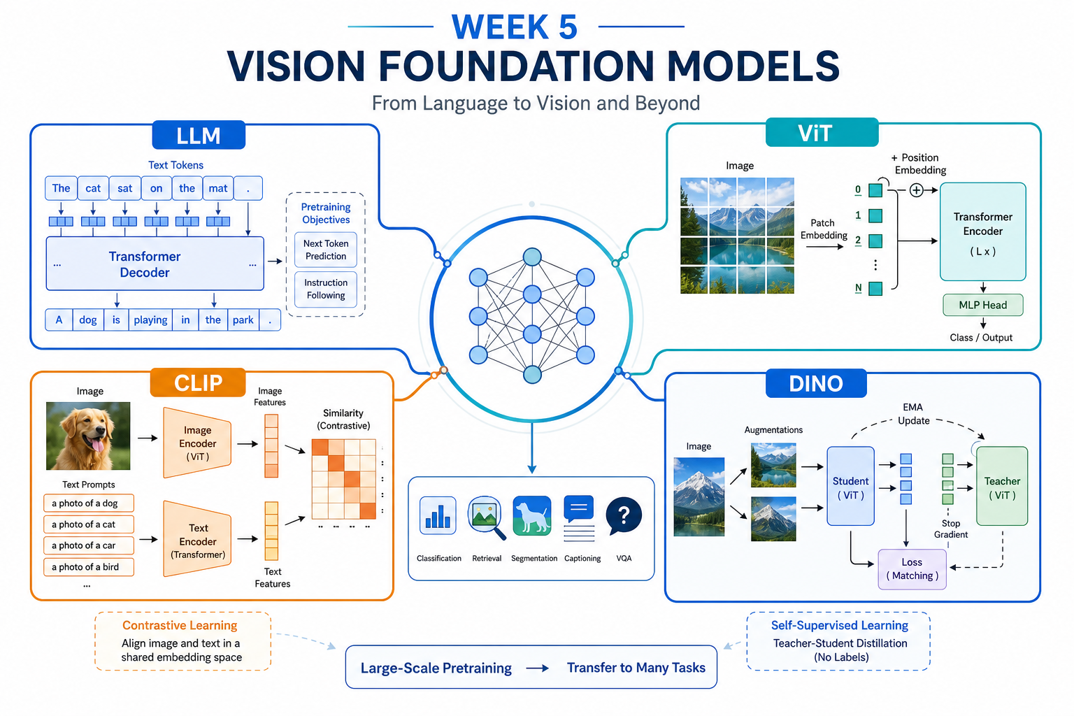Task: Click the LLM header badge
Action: [199, 135]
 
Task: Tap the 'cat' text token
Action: [93, 188]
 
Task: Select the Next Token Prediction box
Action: [326, 250]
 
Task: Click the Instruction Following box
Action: [326, 289]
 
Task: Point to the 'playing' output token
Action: [150, 320]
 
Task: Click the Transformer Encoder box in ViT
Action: [983, 231]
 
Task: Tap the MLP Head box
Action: [983, 305]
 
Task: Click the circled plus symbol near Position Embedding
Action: [916, 190]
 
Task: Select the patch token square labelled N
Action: [875, 289]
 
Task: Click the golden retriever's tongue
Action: [98, 446]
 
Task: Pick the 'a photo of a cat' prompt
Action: [89, 524]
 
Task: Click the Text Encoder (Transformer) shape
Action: [198, 539]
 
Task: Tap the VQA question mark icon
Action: [624, 516]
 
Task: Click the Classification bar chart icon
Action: [438, 515]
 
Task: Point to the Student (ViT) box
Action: [850, 486]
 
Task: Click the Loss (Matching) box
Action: [912, 569]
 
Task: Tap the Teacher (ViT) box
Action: [1002, 486]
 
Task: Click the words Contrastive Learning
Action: [180, 625]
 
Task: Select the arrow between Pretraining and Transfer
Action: [538, 668]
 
